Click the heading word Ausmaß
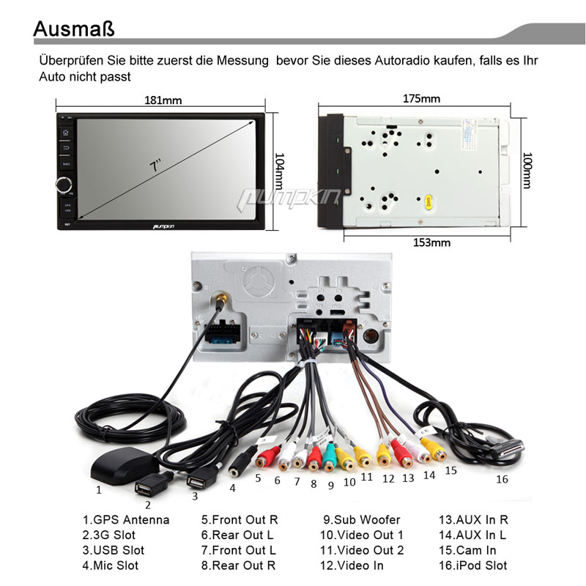tap(74, 29)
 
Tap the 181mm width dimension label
tap(162, 100)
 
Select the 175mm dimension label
tap(421, 99)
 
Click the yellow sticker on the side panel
tap(427, 200)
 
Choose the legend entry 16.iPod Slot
tap(472, 565)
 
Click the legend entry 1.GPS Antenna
tap(125, 520)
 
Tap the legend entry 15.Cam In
tap(467, 550)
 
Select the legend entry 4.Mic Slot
tap(110, 565)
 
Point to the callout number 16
tap(502, 480)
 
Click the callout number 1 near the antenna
tap(99, 489)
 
